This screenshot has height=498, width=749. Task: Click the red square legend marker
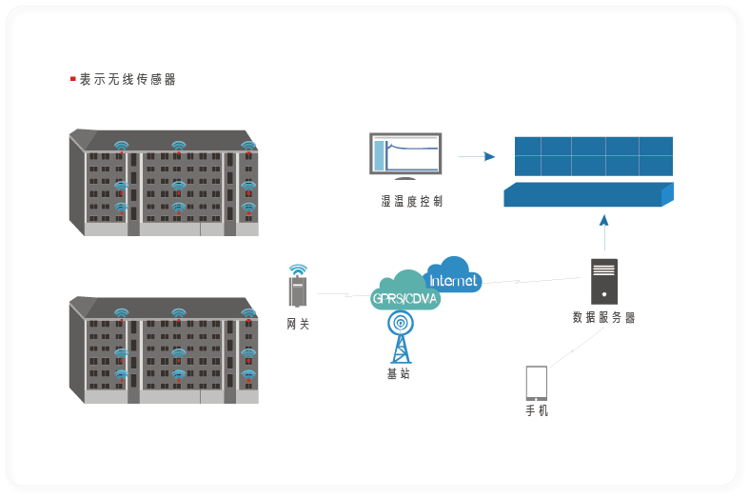(x=73, y=79)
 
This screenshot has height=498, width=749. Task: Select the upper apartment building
(x=164, y=182)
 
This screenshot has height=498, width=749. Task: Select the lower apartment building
(x=164, y=349)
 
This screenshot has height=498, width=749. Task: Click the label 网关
(x=298, y=324)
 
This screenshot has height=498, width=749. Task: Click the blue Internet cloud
(x=454, y=276)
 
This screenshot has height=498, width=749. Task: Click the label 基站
(x=399, y=373)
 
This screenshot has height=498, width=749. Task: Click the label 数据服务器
(x=603, y=317)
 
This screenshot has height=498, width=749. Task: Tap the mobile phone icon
(x=537, y=383)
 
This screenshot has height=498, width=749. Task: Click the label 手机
(x=537, y=411)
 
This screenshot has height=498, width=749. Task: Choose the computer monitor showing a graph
(x=405, y=155)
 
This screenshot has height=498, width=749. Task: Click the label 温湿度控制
(x=411, y=201)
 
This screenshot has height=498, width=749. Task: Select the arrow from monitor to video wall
(x=477, y=156)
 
